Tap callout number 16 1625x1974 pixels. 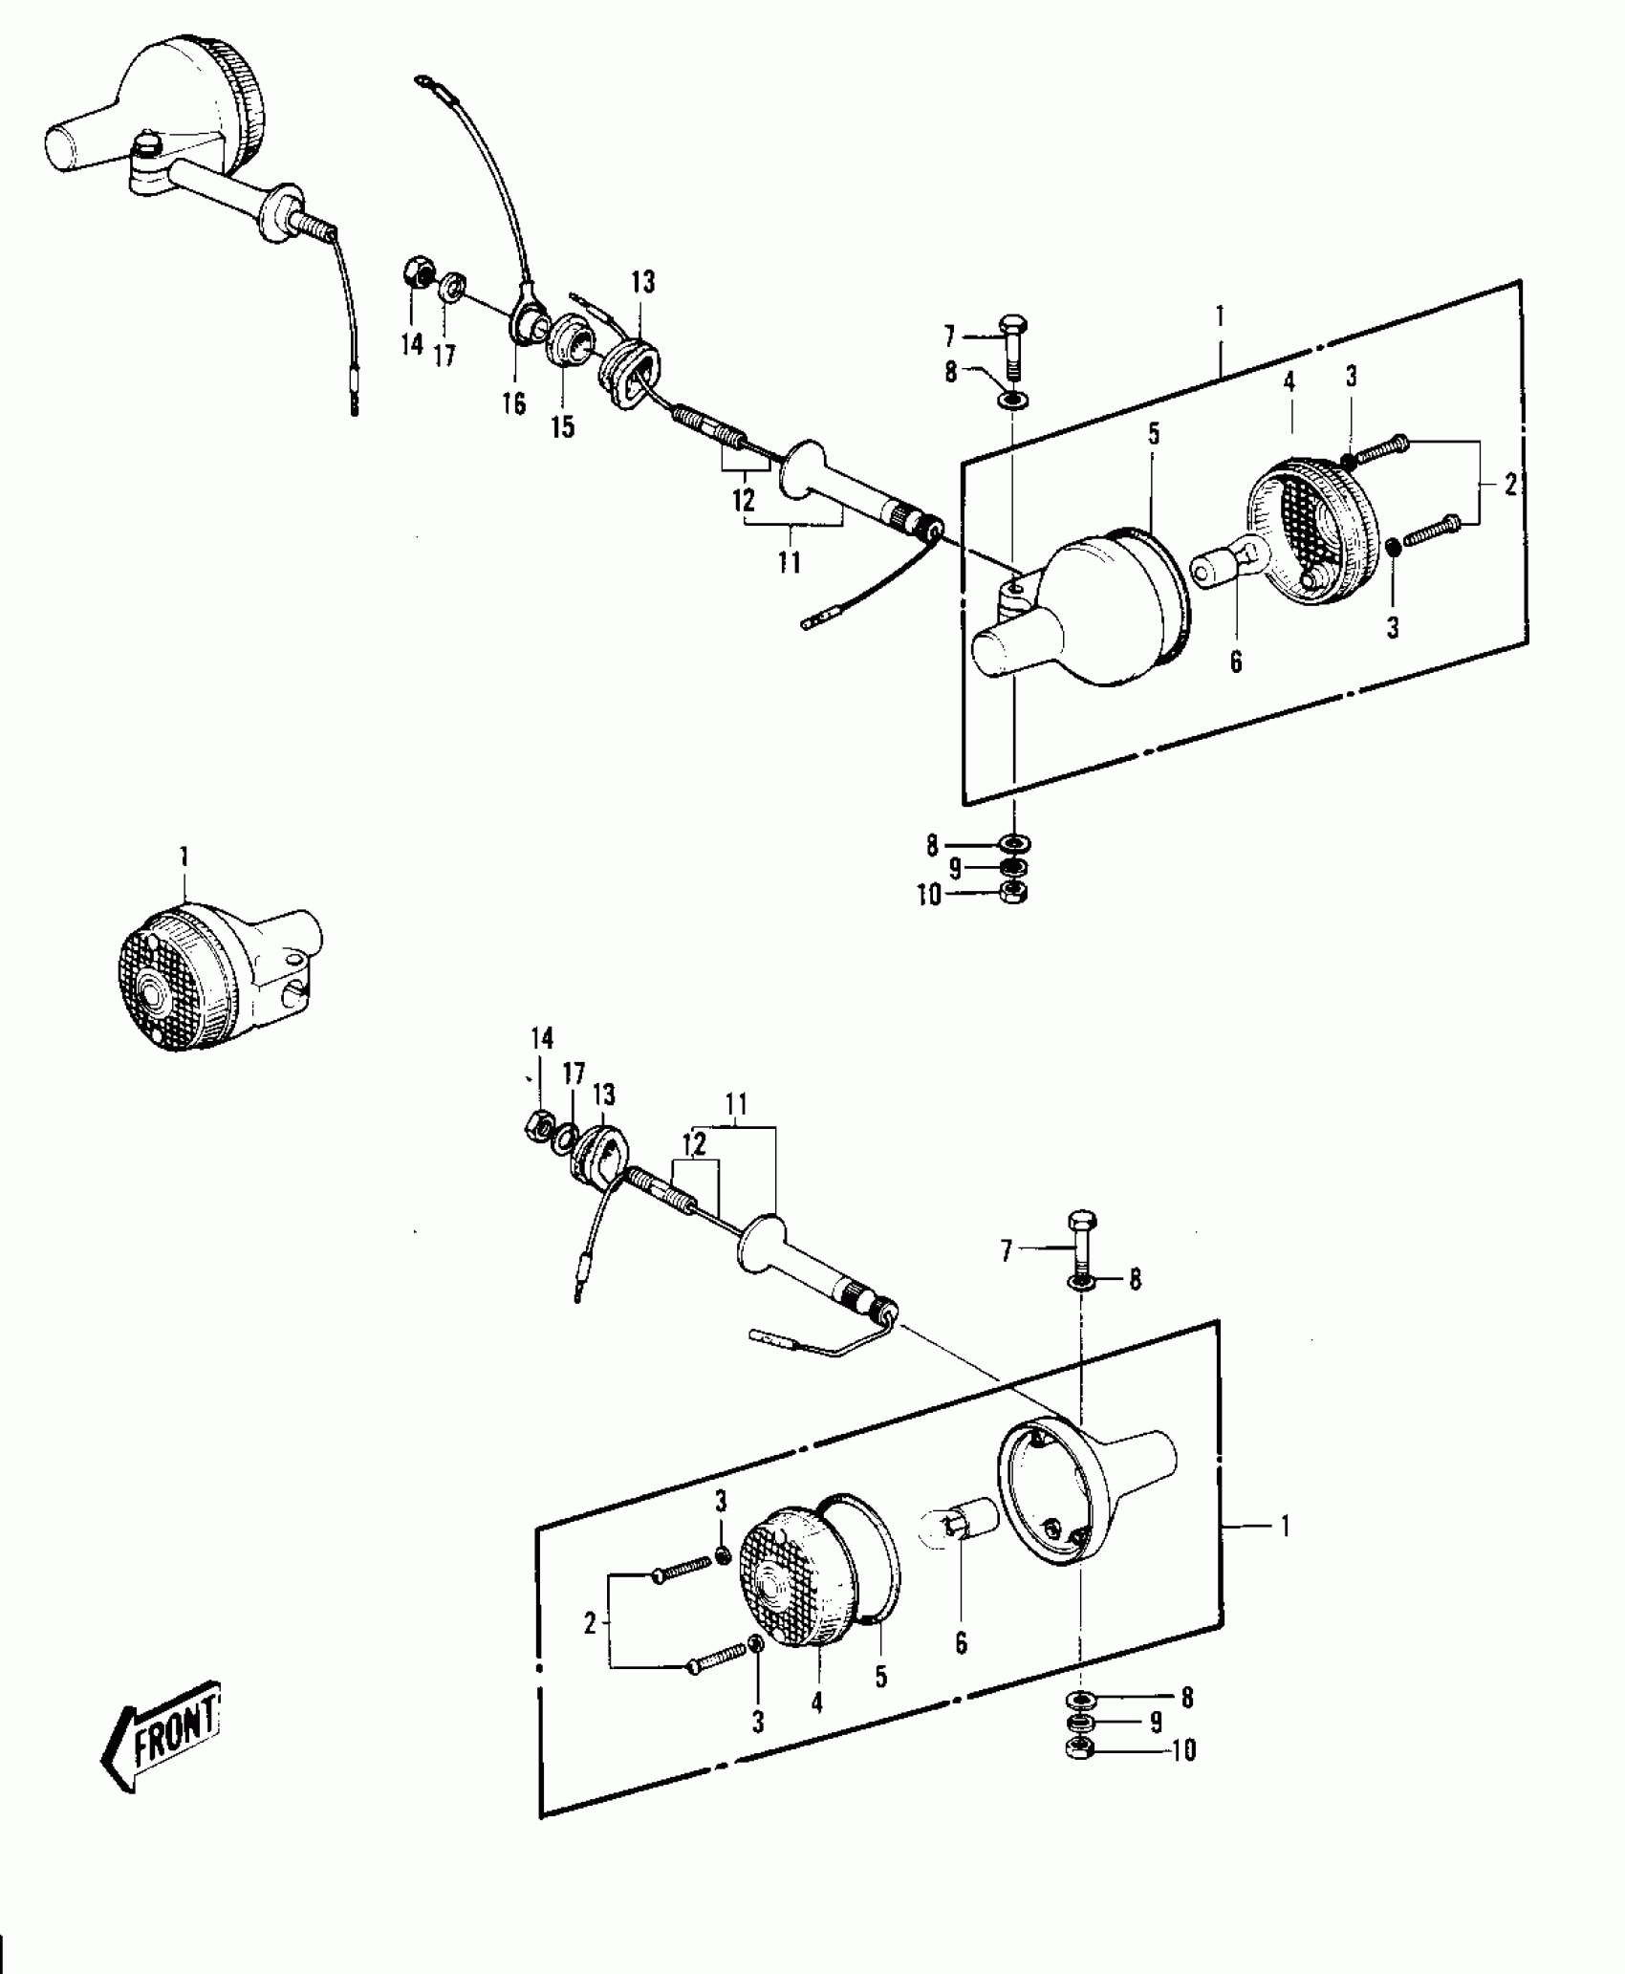[514, 404]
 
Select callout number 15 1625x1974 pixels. [563, 426]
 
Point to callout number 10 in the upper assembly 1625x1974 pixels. [929, 896]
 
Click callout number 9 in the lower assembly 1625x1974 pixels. [1156, 1723]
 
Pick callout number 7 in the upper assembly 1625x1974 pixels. [949, 336]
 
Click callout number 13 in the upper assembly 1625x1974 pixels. [643, 282]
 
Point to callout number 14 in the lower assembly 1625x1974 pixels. [542, 1039]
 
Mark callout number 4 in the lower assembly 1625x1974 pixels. [817, 1703]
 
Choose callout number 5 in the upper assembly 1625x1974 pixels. [1154, 434]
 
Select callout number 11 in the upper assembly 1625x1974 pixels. [789, 562]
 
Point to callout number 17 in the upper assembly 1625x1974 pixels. [444, 356]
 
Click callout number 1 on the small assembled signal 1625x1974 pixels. [184, 856]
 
